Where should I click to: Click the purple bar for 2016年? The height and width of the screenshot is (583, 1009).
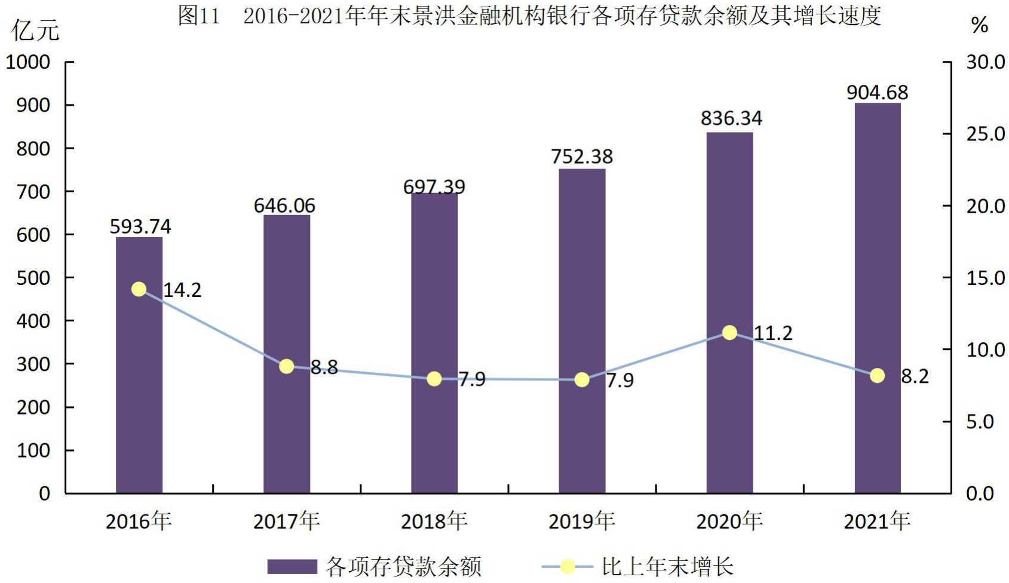coord(139,365)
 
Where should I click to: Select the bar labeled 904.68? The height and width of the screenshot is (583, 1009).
coord(878,298)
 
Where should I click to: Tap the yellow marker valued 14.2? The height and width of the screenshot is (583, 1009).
coord(139,289)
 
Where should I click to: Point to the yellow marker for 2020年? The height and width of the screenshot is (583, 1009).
coord(729,333)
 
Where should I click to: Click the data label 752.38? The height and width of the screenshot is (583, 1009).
coord(582,157)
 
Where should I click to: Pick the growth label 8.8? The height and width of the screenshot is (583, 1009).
coord(324,367)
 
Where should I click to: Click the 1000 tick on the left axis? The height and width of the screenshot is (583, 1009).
coord(28,62)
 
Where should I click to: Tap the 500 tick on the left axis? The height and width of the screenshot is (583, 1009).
coord(33,278)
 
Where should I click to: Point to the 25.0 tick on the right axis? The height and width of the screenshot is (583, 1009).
coord(985,134)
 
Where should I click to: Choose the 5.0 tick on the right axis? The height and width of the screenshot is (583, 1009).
coord(980,422)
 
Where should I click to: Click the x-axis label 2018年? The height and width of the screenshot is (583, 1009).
coord(434,521)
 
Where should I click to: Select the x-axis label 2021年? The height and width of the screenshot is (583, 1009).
coord(877,521)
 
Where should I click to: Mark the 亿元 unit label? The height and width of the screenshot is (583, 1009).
coord(35,30)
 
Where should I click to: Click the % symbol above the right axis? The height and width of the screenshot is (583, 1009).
coord(980,25)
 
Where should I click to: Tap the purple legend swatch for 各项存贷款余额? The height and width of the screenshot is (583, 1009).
coord(292,566)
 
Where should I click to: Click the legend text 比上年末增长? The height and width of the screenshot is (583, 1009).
coord(667,566)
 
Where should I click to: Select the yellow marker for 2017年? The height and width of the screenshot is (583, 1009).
coord(287,366)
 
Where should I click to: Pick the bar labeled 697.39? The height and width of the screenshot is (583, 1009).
coord(434,343)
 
